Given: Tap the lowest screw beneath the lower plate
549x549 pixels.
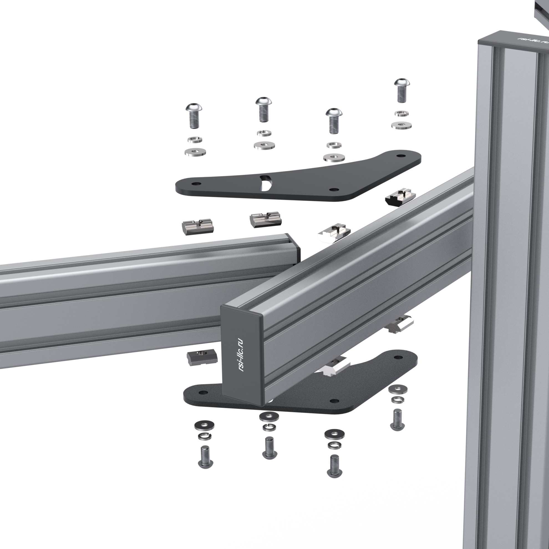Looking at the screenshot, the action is pyautogui.click(x=334, y=466).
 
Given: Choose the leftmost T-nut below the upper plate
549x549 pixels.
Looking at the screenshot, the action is pyautogui.click(x=197, y=227).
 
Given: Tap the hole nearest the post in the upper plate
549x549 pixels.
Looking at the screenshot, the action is pyautogui.click(x=401, y=156).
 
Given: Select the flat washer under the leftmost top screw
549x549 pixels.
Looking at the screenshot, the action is pyautogui.click(x=195, y=152).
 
